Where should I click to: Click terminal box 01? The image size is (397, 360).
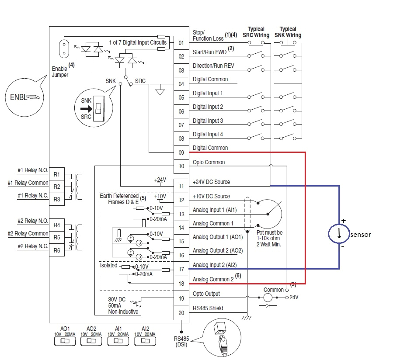coord(181,43)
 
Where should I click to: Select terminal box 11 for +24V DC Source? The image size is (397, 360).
coord(181,186)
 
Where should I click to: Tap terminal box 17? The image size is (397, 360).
coord(181,269)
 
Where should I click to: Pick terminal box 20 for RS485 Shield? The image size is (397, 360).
coord(181,312)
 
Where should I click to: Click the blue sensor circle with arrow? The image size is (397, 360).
coord(339,234)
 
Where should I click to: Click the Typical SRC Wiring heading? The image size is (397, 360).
coord(256,32)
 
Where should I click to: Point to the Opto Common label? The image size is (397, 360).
coord(209,162)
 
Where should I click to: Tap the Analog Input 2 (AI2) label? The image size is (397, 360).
coord(214,265)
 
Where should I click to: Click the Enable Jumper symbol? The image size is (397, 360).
coord(64,49)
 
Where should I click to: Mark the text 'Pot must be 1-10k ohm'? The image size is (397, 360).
coord(269,236)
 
